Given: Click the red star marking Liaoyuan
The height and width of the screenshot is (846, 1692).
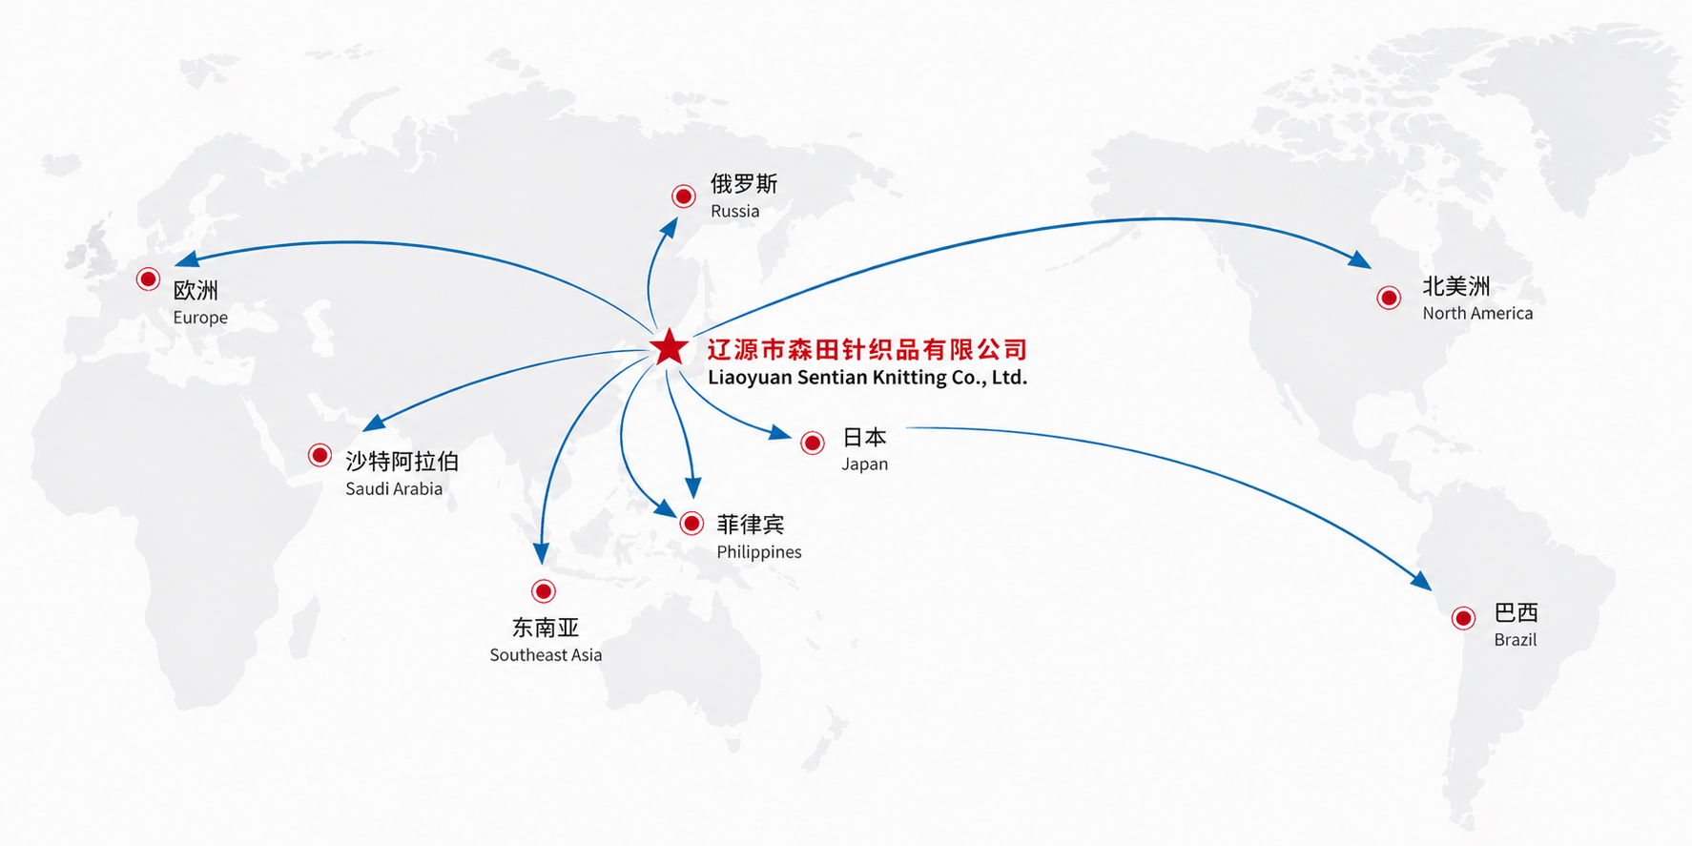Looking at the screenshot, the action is (x=669, y=348).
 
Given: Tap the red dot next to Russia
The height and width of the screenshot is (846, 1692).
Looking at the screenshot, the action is (x=684, y=196).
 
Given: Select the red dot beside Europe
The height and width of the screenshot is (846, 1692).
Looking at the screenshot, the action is (x=148, y=279).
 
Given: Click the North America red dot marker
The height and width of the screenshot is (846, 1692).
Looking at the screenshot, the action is (x=1389, y=298).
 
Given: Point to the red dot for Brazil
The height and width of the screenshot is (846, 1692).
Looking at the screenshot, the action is (x=1463, y=618).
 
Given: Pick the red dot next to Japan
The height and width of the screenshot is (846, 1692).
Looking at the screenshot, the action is (x=813, y=443).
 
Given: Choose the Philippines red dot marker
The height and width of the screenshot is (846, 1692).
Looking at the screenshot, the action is (x=692, y=523).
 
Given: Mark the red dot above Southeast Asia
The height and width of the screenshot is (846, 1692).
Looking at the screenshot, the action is (x=544, y=591).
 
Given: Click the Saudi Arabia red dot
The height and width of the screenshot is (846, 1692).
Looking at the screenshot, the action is (x=320, y=455).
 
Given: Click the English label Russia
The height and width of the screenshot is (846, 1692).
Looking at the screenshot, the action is (x=735, y=212).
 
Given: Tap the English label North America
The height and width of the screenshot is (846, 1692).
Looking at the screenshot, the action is (x=1477, y=314).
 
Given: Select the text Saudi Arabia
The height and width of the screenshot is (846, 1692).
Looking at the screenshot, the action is (x=394, y=489).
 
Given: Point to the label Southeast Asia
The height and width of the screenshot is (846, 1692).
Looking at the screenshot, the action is (x=546, y=655).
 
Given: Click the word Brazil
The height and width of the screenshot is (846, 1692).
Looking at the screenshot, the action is (x=1516, y=640).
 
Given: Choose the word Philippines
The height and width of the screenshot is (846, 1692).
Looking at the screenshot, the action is (x=759, y=552).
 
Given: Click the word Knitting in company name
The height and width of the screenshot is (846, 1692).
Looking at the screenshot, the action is (x=907, y=378).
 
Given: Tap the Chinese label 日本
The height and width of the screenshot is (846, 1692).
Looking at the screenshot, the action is (x=865, y=437).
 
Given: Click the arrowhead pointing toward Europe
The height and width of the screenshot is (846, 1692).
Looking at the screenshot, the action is (x=187, y=259).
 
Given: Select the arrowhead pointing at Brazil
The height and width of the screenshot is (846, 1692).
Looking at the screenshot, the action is (x=1420, y=580).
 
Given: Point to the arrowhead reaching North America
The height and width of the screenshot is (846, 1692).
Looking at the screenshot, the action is (x=1360, y=258).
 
